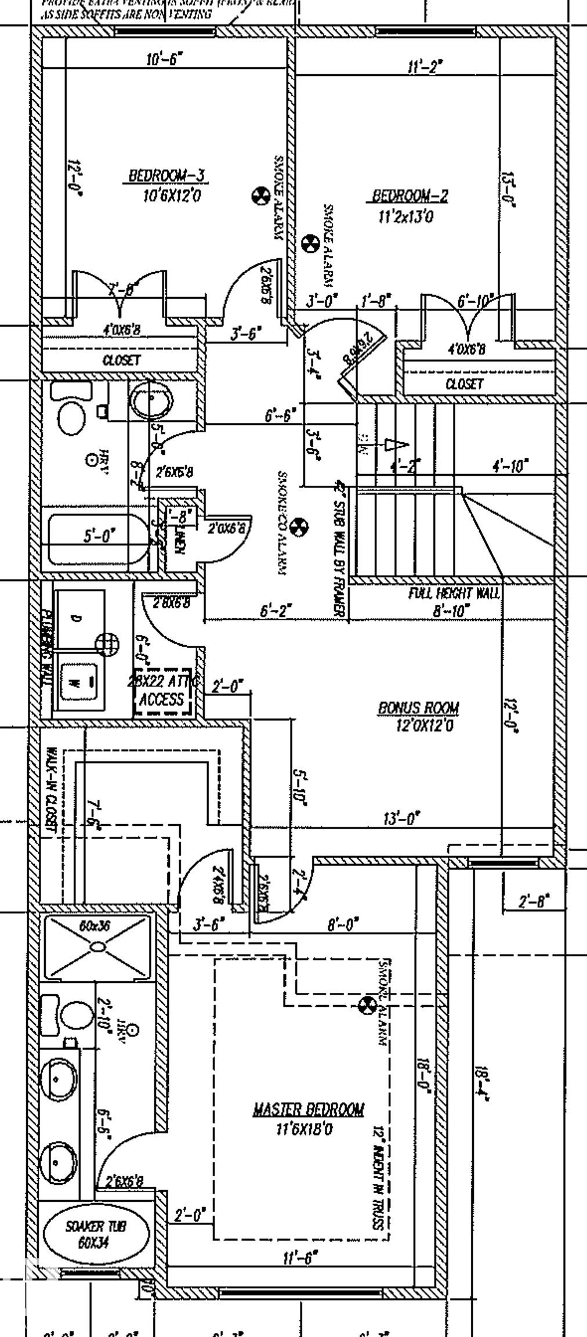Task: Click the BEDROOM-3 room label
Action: tap(167, 175)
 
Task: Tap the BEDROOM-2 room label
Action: tap(410, 196)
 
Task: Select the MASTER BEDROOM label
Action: tap(308, 1110)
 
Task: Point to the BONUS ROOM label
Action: tap(418, 708)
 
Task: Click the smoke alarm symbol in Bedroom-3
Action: tap(260, 196)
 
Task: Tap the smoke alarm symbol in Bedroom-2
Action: tap(311, 243)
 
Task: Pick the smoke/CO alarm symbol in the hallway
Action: tap(299, 527)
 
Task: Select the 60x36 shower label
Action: tap(94, 926)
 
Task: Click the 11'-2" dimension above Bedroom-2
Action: tap(425, 67)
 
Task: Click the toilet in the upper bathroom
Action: tap(71, 417)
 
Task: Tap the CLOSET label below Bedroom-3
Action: tap(121, 360)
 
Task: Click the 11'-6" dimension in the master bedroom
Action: tap(301, 1257)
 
